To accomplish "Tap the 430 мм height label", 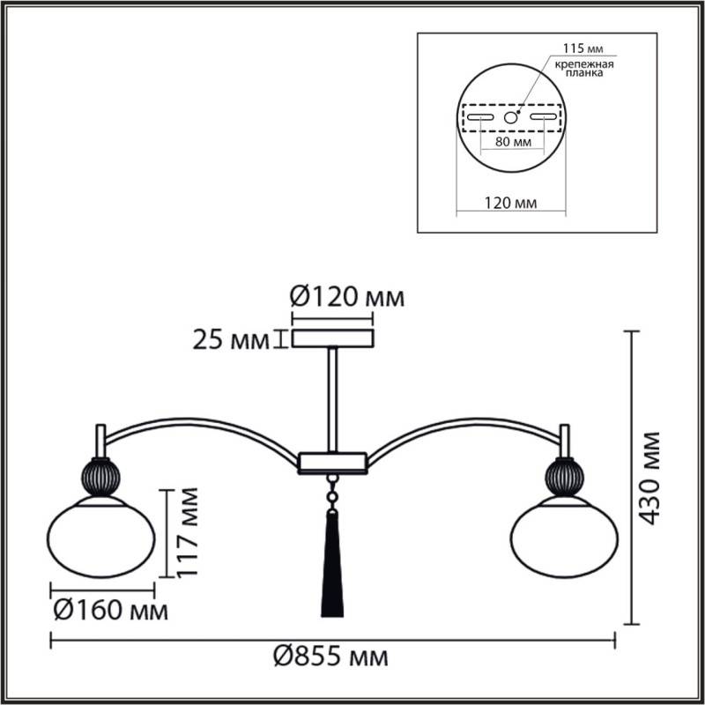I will point(650,478).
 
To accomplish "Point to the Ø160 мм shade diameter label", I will point(108,610).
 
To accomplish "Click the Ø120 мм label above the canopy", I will point(346,297).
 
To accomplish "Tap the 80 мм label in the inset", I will point(511,141).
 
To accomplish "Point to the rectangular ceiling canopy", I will point(333,338).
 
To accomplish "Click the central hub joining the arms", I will point(332,461).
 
